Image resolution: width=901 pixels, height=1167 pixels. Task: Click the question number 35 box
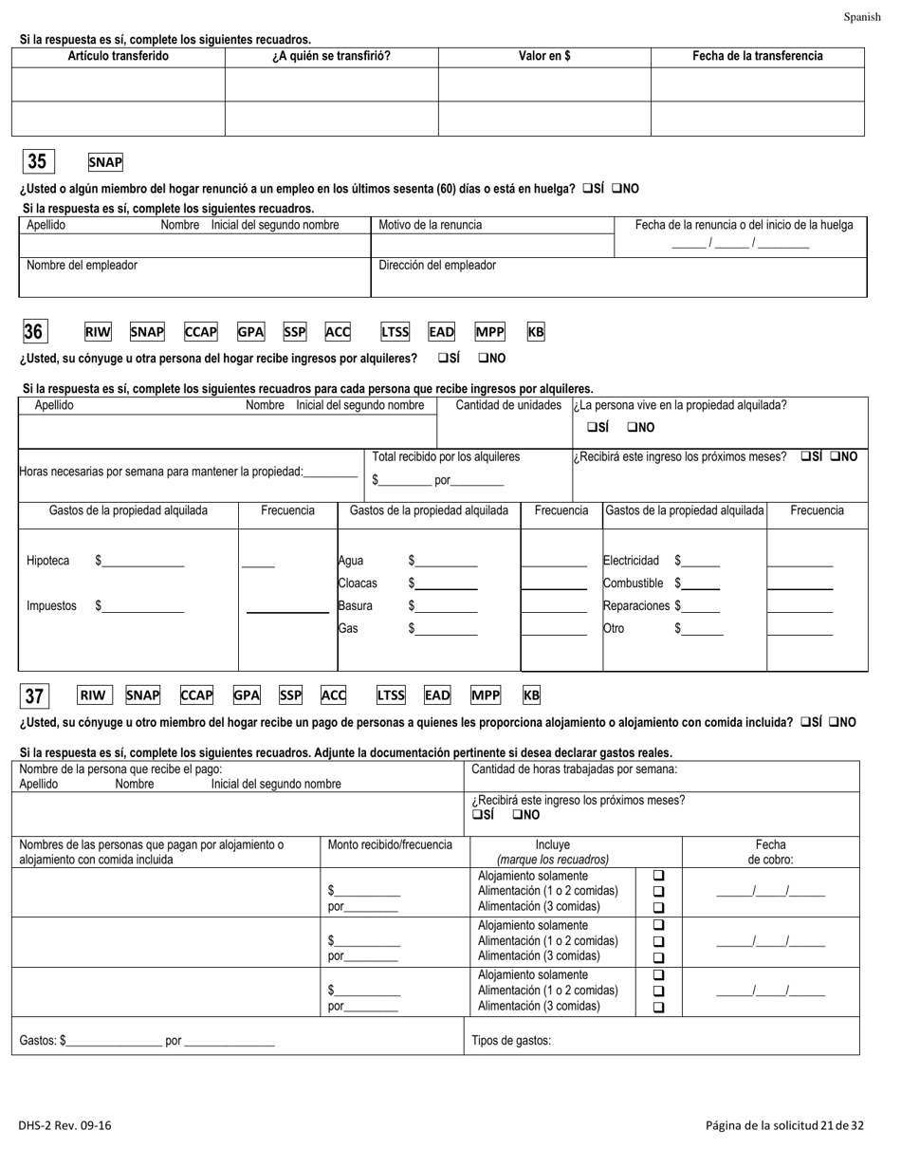coord(37,162)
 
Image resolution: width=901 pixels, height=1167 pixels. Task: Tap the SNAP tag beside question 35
coord(105,163)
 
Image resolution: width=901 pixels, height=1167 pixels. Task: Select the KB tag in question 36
coord(536,332)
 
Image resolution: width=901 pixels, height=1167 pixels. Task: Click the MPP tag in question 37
coord(486,695)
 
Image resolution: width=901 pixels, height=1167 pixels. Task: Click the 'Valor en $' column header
coord(544,56)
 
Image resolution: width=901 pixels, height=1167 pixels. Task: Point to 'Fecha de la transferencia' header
coord(758,56)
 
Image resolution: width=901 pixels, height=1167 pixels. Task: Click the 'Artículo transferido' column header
coord(119,56)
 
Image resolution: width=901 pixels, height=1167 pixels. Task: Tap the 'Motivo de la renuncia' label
coord(431,225)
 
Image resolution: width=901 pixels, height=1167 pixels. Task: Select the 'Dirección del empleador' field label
coord(437,266)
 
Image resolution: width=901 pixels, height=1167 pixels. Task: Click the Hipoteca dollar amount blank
coord(143,562)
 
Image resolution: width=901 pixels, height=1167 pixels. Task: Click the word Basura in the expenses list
coord(356,605)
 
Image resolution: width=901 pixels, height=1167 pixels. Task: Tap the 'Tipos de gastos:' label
coord(511,1040)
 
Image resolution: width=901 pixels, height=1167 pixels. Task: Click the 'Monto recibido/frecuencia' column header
coord(390,844)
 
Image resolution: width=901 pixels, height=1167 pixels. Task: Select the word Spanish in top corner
coord(862,17)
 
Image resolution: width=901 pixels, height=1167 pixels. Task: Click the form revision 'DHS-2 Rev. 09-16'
coord(64,1126)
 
